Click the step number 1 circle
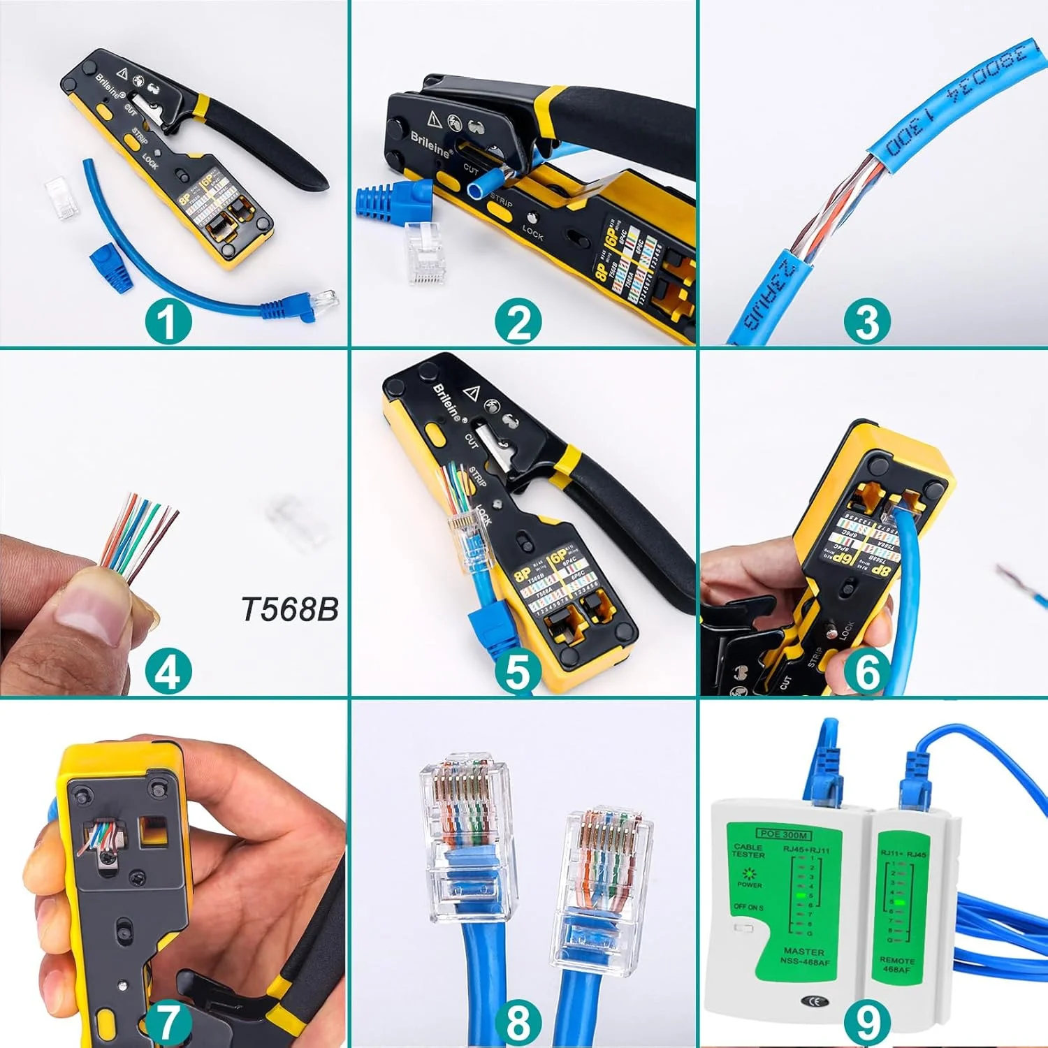(x=168, y=322)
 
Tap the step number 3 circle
(x=867, y=322)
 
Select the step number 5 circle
(x=518, y=671)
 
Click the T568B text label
(x=290, y=609)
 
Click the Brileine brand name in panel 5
(x=448, y=402)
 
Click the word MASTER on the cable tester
(x=803, y=952)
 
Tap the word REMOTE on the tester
(x=896, y=961)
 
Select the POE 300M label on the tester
(x=783, y=834)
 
